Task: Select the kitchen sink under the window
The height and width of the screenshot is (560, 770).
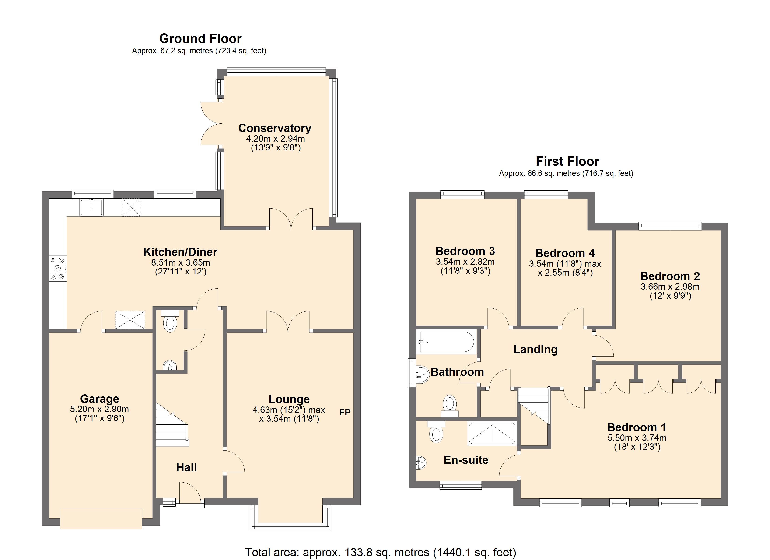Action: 91,207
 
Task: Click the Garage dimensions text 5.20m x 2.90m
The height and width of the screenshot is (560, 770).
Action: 99,409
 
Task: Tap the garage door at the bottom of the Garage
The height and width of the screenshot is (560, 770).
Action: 101,518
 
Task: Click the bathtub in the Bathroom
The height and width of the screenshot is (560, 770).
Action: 446,342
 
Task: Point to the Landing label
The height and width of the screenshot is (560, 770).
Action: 535,349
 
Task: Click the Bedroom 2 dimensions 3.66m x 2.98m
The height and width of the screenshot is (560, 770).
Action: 670,287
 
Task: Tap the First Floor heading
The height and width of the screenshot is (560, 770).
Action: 567,161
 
